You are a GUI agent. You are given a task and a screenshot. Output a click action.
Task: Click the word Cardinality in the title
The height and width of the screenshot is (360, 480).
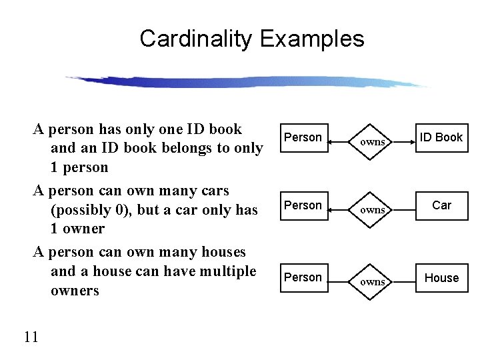tap(197, 39)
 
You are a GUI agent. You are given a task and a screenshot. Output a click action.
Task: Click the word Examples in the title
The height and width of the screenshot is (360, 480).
tap(312, 39)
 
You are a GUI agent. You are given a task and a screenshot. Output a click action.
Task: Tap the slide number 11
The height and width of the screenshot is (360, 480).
tap(31, 337)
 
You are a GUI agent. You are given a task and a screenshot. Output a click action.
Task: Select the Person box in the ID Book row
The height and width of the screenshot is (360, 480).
tap(303, 137)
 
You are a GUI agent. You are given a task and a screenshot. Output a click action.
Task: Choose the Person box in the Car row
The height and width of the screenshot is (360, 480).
tap(303, 205)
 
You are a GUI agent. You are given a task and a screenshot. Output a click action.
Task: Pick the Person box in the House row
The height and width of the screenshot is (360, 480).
tap(303, 277)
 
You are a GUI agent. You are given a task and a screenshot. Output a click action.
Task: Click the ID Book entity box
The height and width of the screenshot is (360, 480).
tap(441, 137)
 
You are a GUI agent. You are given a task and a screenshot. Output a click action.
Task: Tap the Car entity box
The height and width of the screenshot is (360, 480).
tap(441, 205)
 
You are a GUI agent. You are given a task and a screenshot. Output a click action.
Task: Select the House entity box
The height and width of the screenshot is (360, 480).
tap(441, 277)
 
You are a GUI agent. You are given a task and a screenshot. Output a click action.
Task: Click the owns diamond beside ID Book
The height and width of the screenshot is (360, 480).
tap(373, 141)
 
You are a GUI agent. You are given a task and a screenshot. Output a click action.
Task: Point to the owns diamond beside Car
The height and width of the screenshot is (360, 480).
tap(373, 209)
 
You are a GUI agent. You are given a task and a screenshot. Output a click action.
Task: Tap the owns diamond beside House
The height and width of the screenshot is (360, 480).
tap(373, 281)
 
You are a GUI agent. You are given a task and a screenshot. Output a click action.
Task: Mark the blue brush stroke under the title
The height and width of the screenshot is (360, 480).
tap(247, 81)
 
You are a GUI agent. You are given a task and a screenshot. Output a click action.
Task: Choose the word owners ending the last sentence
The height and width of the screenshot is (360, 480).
tap(75, 291)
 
